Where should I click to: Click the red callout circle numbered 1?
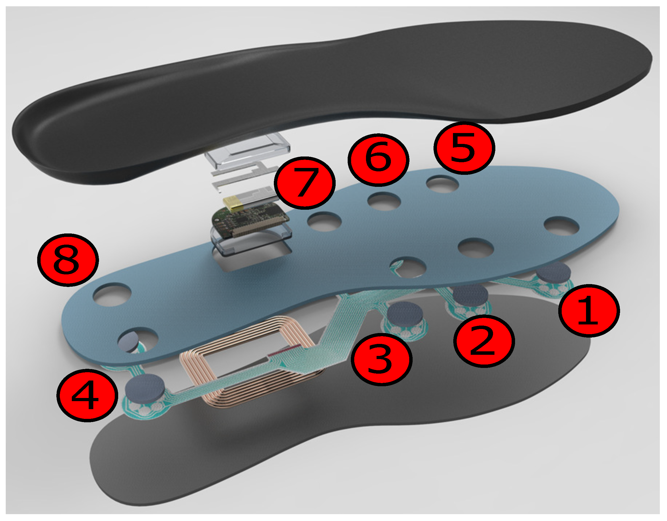(589, 311)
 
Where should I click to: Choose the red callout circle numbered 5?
(464, 148)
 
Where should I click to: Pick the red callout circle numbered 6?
(378, 160)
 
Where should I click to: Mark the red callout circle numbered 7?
(304, 183)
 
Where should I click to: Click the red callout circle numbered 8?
(68, 260)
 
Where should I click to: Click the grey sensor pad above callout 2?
(471, 294)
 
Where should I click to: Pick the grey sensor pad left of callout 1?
(553, 272)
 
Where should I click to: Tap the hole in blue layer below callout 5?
(442, 184)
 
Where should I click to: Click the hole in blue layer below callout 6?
(384, 201)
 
